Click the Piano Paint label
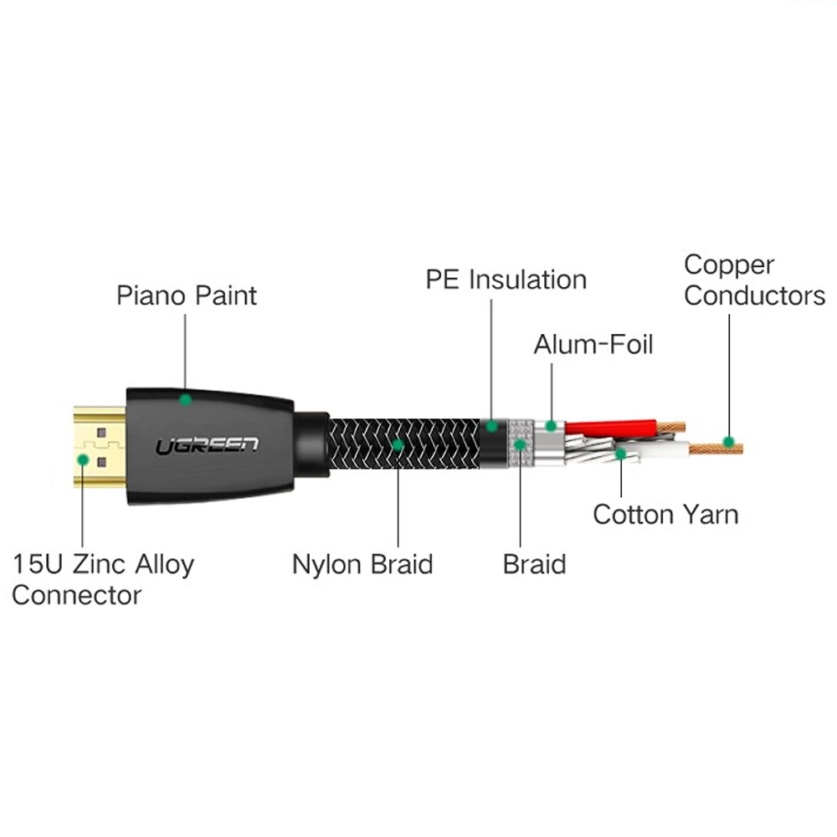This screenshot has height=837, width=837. (x=187, y=295)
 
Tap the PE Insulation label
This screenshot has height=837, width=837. (x=506, y=280)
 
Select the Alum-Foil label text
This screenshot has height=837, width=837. (x=593, y=344)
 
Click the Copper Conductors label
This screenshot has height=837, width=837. (x=754, y=280)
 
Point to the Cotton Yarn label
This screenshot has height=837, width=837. (x=665, y=515)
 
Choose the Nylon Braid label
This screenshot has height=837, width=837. (x=362, y=565)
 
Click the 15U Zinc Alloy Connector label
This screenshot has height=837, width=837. (x=103, y=580)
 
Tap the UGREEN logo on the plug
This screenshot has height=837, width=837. (x=207, y=446)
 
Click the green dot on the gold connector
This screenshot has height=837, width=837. (x=83, y=459)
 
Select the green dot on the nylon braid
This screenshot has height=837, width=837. (x=398, y=444)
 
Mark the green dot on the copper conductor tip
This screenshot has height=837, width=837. (x=728, y=442)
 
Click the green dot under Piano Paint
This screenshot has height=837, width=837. (x=185, y=399)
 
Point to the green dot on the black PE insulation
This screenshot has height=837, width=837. (x=491, y=426)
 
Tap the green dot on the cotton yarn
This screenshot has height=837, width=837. (x=620, y=454)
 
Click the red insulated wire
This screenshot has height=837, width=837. (x=611, y=428)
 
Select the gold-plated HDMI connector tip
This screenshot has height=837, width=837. (x=100, y=446)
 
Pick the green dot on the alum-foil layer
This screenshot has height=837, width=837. (x=551, y=426)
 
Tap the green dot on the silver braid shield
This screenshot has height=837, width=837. (x=520, y=444)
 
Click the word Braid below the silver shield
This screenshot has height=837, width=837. (x=534, y=565)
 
